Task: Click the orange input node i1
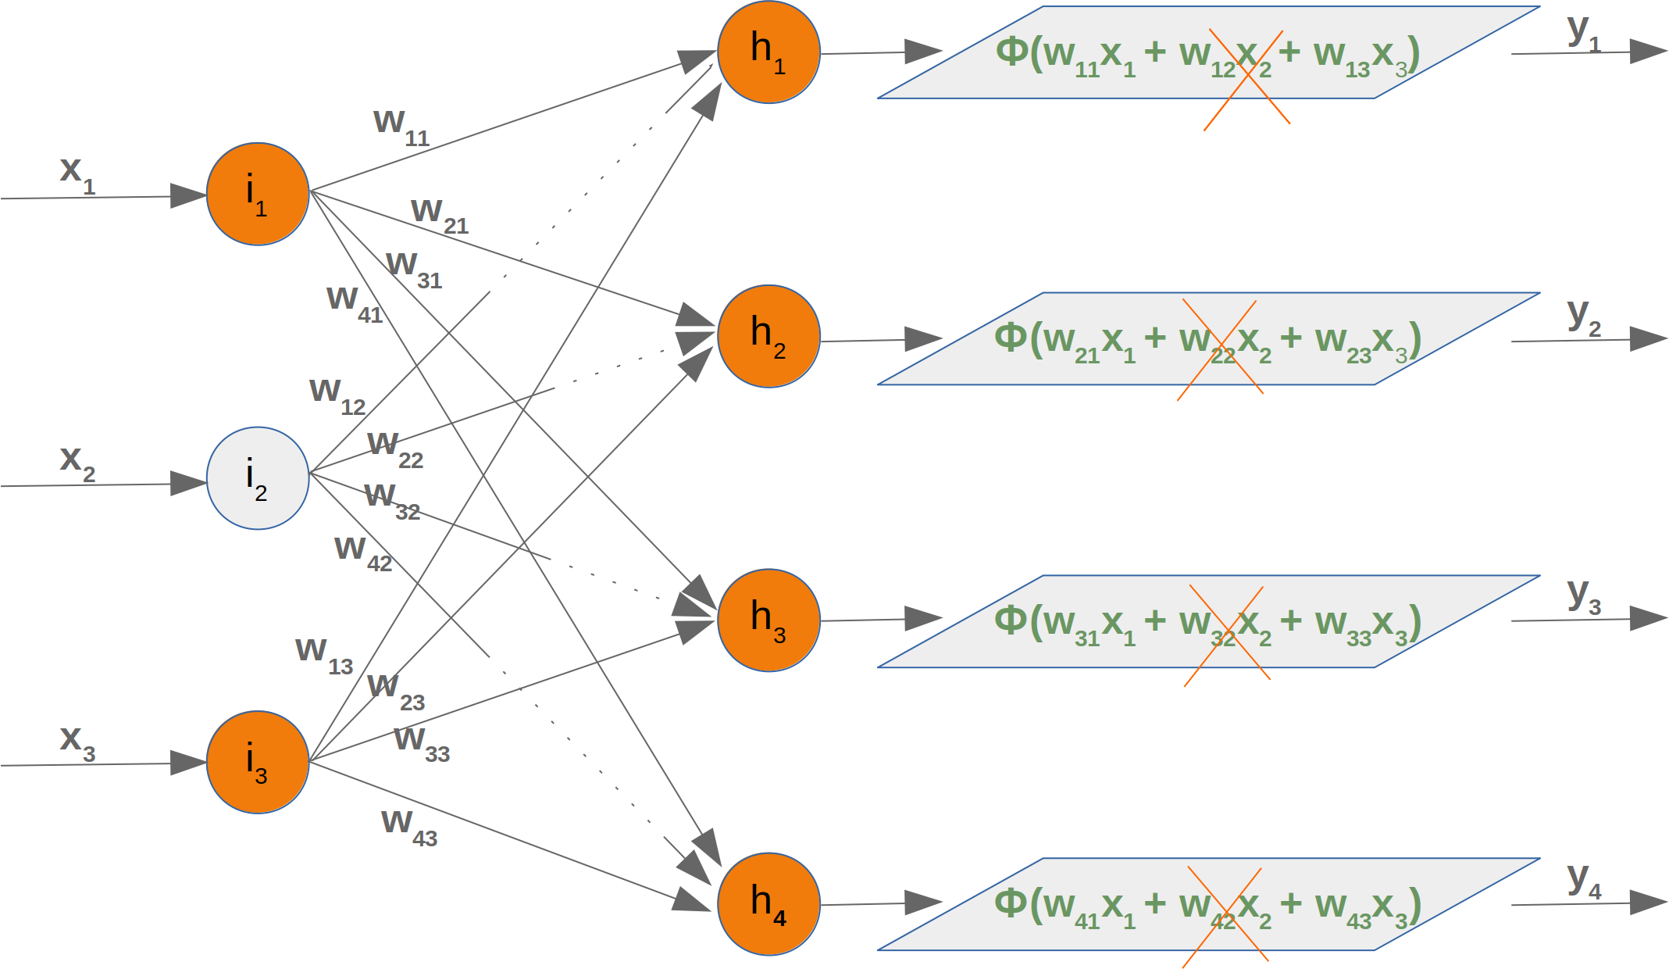(258, 194)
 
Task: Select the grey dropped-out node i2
(258, 478)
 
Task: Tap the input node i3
(258, 762)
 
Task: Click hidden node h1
(769, 52)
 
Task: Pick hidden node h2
(769, 336)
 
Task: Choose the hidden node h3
(769, 620)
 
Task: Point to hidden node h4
(769, 904)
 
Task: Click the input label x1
(77, 173)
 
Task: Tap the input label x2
(77, 461)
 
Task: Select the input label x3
(77, 741)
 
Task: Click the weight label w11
(401, 126)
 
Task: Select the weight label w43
(408, 826)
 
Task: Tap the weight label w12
(337, 395)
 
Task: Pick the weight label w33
(421, 742)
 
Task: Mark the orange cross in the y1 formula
(1247, 78)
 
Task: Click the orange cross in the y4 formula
(1225, 916)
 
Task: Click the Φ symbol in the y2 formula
(1011, 337)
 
